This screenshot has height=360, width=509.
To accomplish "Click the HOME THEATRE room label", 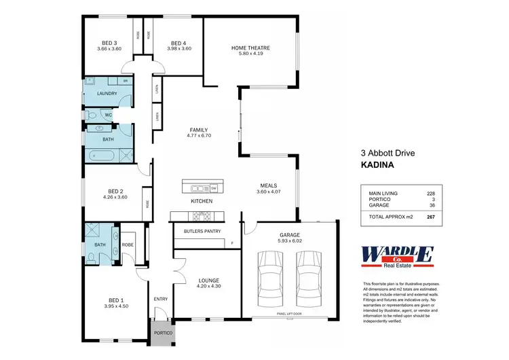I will pos(250,48).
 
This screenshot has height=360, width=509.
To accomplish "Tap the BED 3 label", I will pos(108,42).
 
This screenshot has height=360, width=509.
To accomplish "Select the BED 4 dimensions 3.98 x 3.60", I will pos(178,49).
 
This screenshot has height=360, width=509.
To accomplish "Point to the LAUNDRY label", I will pos(107,94).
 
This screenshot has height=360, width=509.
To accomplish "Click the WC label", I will pos(108,115).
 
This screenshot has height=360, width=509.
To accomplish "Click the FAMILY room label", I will pos(199,130).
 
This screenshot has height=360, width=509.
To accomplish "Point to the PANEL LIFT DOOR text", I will pos(289,314).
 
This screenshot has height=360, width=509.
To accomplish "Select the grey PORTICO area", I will pos(162,334).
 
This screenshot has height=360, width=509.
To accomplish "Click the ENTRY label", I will pos(161,299).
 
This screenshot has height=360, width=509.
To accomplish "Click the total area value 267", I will pos(430,217).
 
